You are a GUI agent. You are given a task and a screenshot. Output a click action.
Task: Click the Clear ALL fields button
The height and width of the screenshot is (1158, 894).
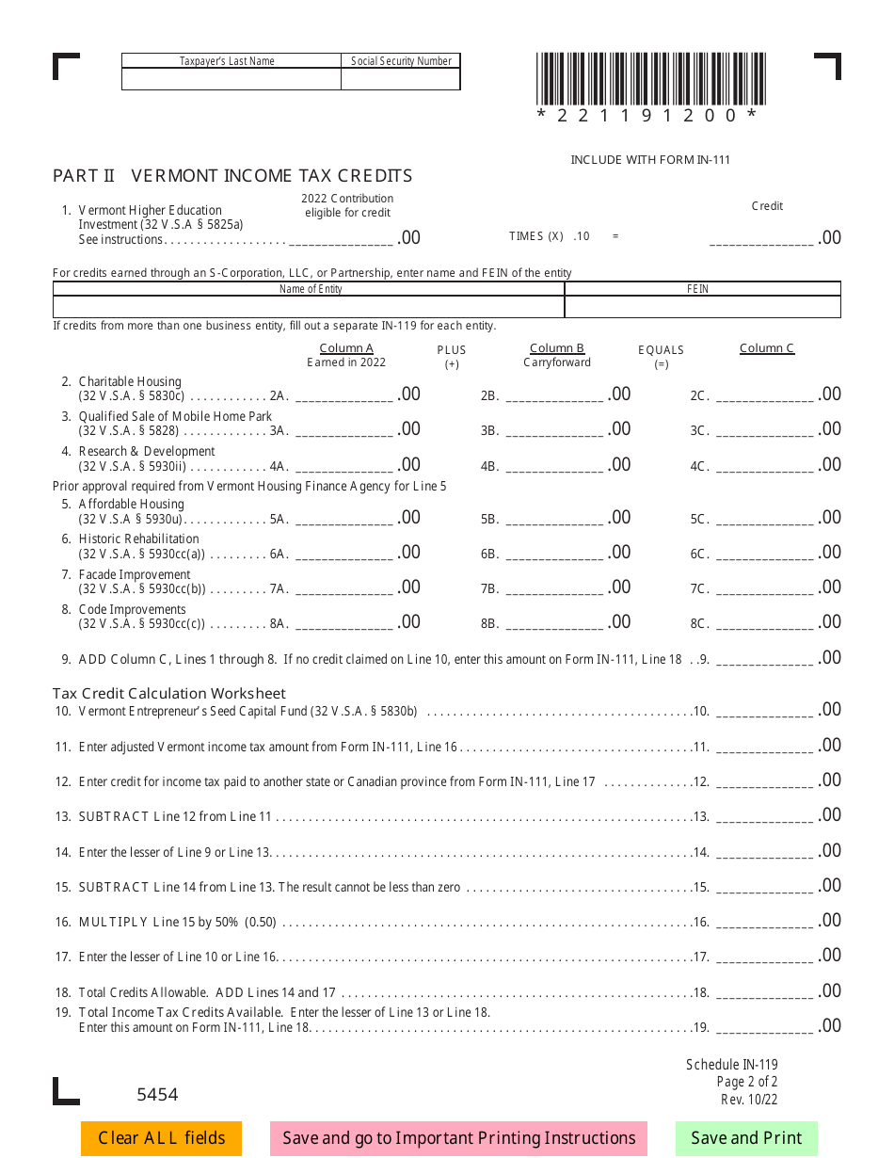pos(161,1138)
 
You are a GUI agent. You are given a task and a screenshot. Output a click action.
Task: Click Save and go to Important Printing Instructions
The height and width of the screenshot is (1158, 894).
pos(458,1138)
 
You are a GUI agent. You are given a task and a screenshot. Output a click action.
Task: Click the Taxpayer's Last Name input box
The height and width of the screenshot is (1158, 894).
pos(231,80)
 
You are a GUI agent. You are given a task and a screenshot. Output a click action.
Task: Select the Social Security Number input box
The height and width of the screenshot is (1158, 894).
pos(401,80)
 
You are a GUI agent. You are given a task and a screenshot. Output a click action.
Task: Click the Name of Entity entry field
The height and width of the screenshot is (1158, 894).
pos(309,307)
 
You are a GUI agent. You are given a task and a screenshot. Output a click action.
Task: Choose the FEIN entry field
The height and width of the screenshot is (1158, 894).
pos(702,307)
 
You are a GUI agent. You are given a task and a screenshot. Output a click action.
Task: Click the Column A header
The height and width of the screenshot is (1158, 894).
pos(346,348)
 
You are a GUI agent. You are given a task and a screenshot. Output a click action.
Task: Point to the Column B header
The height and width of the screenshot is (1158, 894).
pos(557,348)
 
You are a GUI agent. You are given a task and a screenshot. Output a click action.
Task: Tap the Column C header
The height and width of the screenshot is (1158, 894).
pos(767,348)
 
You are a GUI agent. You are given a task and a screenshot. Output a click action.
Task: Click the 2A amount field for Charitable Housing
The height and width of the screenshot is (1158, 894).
pos(344,394)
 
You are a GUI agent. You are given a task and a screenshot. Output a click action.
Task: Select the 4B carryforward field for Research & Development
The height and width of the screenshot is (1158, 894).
pos(555,465)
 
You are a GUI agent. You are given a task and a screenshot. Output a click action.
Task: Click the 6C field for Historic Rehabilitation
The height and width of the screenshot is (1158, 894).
pos(764,553)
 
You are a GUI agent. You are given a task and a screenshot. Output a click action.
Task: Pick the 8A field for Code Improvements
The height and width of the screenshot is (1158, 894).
pos(344,622)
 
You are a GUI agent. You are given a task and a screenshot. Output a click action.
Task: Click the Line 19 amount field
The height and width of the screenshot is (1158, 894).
pos(764,1026)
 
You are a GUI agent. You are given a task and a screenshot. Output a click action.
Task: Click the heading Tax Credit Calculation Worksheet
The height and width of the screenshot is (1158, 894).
pos(169,694)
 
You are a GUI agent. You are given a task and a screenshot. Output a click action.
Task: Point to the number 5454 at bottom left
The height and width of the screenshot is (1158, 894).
pos(157,1095)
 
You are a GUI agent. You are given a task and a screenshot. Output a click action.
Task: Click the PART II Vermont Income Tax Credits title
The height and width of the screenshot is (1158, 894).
pos(232,176)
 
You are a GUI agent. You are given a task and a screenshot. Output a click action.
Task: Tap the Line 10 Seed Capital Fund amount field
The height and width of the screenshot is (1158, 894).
pos(764,710)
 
